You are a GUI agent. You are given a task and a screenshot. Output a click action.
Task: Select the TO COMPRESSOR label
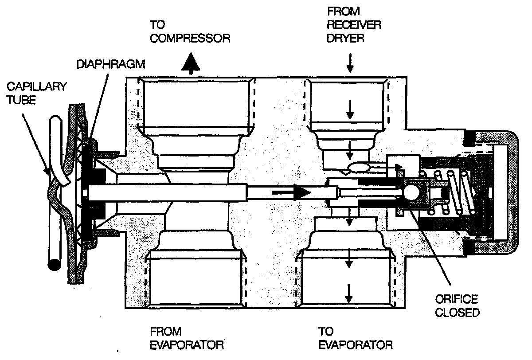pos(190,31)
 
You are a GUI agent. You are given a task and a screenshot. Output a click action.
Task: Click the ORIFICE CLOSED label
pos(457,306)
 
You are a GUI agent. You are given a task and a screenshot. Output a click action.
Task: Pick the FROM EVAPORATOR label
pos(186,338)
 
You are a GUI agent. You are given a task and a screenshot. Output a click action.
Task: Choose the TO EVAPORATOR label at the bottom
pos(355,338)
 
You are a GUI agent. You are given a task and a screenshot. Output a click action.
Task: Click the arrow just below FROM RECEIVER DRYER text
pos(350,65)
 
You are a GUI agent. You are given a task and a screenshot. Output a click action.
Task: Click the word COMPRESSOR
pos(190,37)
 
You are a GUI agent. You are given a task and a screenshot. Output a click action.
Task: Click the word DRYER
pos(346,37)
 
